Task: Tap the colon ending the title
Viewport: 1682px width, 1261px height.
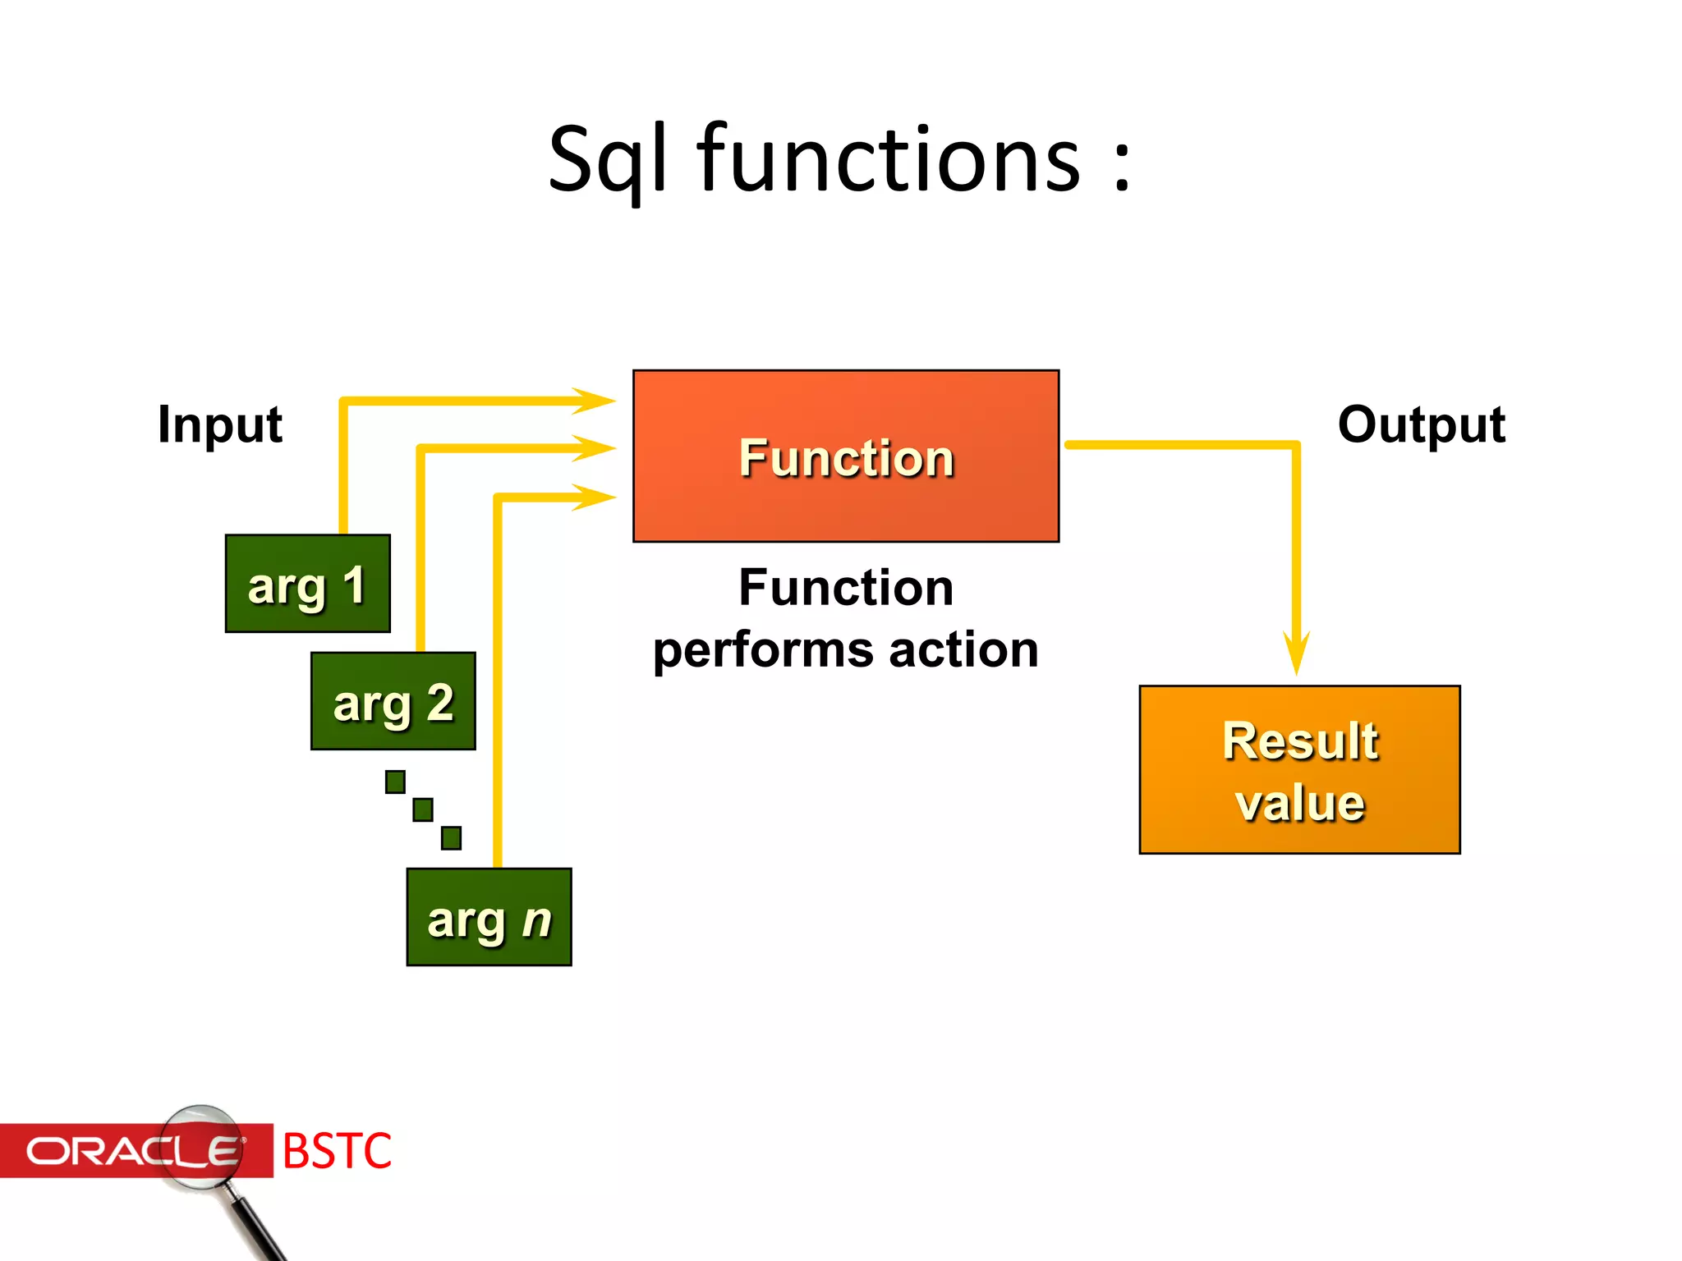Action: coord(1122,164)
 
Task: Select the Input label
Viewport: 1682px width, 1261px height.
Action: coord(220,425)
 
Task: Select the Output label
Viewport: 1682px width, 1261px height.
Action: coord(1421,425)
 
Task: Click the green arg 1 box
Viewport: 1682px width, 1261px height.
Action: coord(307,584)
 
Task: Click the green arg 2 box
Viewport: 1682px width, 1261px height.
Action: coord(393,701)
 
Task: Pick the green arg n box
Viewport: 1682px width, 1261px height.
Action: coord(489,917)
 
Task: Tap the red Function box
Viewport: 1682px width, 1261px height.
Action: coord(845,456)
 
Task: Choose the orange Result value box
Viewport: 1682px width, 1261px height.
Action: coord(1299,770)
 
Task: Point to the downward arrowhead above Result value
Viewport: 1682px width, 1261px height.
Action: coord(1296,653)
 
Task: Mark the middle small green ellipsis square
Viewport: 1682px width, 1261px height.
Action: coord(423,809)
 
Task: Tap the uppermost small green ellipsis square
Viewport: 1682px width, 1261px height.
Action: coord(395,782)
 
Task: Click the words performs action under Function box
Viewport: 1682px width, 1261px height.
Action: coord(845,650)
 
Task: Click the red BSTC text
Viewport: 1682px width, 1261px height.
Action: coord(337,1150)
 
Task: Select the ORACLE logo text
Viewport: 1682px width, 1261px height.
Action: coord(131,1151)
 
